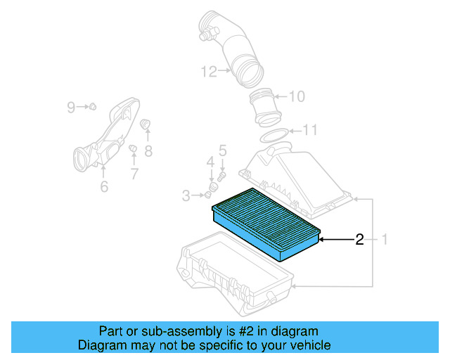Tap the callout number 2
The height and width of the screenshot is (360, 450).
point(359,240)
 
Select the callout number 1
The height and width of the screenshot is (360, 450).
point(385,240)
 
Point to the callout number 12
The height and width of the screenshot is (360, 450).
point(207,70)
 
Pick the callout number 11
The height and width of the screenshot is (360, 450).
point(310,130)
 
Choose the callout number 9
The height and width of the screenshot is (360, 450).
point(71,107)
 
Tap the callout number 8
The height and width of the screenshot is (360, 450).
point(148,150)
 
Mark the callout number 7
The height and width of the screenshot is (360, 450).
point(134,172)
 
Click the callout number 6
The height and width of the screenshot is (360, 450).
point(103,186)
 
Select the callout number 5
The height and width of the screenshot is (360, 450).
point(222,150)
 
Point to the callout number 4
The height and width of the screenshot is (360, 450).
point(210,163)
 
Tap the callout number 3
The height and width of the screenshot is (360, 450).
point(186,195)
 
